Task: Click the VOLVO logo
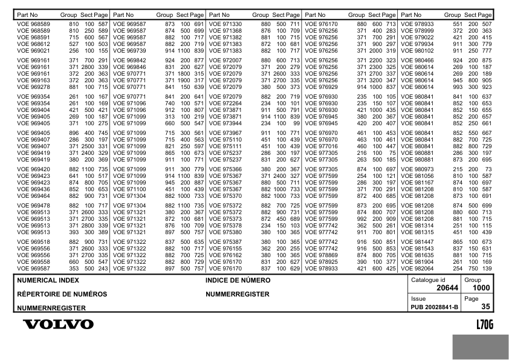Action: click(x=58, y=325)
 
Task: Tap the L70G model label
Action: click(x=485, y=325)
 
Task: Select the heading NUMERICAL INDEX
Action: click(x=48, y=281)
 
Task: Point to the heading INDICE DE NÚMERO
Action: click(x=238, y=281)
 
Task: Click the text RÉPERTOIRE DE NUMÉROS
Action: click(x=62, y=294)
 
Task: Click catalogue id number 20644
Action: click(x=448, y=289)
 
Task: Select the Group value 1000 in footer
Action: click(x=481, y=289)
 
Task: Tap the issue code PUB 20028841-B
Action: click(x=435, y=307)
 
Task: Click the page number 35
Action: click(x=485, y=307)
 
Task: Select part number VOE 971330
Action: click(x=225, y=24)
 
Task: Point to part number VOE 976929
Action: click(x=322, y=87)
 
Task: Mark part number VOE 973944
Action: click(x=225, y=123)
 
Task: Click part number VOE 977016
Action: click(x=322, y=146)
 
